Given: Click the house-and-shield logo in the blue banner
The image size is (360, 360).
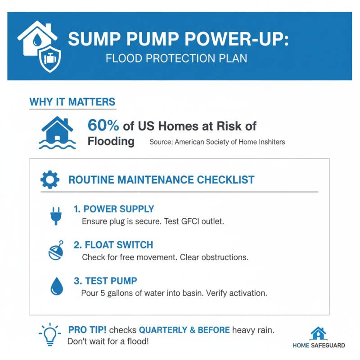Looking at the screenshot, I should click(x=40, y=45).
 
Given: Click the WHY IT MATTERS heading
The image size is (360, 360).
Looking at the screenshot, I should click(x=72, y=102).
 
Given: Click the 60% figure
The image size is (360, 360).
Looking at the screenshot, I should click(x=104, y=125).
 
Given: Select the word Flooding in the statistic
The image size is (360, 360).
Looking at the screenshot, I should click(x=111, y=141).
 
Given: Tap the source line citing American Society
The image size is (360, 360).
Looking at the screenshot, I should click(x=217, y=142).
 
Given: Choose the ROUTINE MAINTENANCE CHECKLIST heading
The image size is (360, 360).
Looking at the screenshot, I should click(x=161, y=180).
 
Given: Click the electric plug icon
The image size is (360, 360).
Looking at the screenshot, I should click(x=54, y=215).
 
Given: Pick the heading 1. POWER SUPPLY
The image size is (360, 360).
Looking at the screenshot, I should click(x=114, y=209).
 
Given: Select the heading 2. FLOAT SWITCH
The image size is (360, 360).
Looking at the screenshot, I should click(x=113, y=245).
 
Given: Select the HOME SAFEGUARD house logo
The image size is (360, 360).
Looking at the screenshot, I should click(x=319, y=333).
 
